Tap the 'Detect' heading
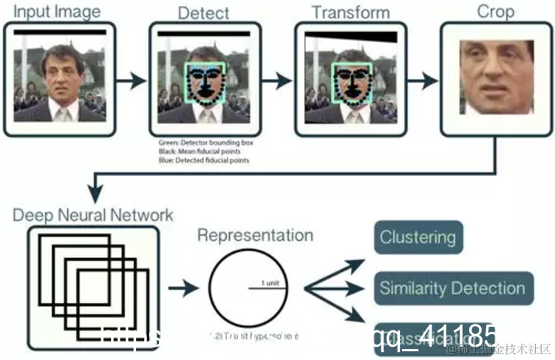tap(204, 13)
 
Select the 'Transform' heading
tap(350, 12)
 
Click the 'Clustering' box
tap(418, 238)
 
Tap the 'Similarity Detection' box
tap(452, 288)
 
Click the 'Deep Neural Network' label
tap(92, 216)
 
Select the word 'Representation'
tap(255, 236)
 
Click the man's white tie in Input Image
tap(64, 113)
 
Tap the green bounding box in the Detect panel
tap(205, 82)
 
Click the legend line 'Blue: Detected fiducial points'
tap(203, 160)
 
